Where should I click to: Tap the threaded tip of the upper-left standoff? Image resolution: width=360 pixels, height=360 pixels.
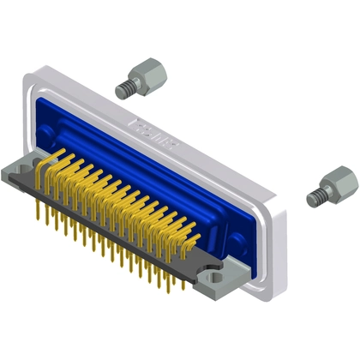[122, 87]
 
